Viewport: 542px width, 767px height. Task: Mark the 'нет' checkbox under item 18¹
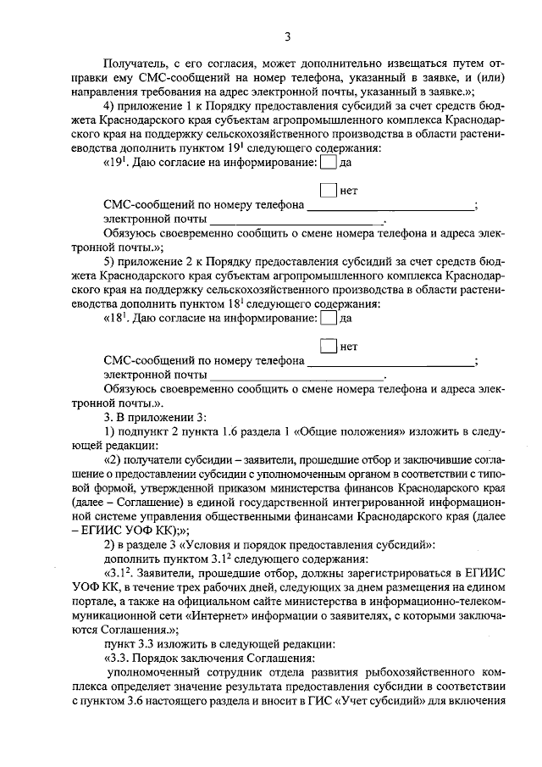(328, 347)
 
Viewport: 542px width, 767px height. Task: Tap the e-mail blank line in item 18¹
(296, 374)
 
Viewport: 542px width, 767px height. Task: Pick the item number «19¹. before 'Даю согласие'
(118, 163)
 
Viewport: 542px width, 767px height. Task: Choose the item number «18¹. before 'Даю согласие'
(118, 320)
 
